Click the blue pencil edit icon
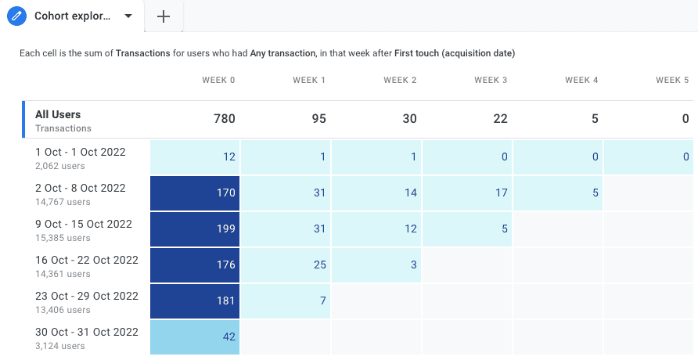click(x=16, y=16)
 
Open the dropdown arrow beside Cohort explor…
click(x=128, y=16)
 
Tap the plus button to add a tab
click(x=164, y=16)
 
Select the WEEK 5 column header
click(x=672, y=80)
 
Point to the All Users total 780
click(x=225, y=119)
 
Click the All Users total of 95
click(x=317, y=119)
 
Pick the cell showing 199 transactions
click(x=195, y=229)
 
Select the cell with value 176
click(x=195, y=265)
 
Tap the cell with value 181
click(x=195, y=301)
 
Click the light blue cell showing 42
click(x=195, y=337)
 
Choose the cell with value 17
click(x=467, y=193)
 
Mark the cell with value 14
click(x=376, y=193)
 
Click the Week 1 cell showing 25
click(x=286, y=265)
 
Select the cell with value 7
click(x=286, y=301)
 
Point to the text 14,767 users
click(x=60, y=202)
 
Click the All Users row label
click(x=58, y=114)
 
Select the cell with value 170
click(x=195, y=193)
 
